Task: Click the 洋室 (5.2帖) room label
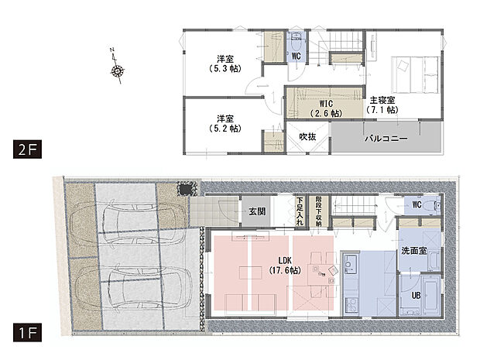pyautogui.click(x=225, y=124)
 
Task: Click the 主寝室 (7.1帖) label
pyautogui.click(x=382, y=105)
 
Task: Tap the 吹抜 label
pyautogui.click(x=307, y=137)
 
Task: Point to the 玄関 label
pyautogui.click(x=257, y=210)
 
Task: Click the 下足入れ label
pyautogui.click(x=300, y=210)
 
